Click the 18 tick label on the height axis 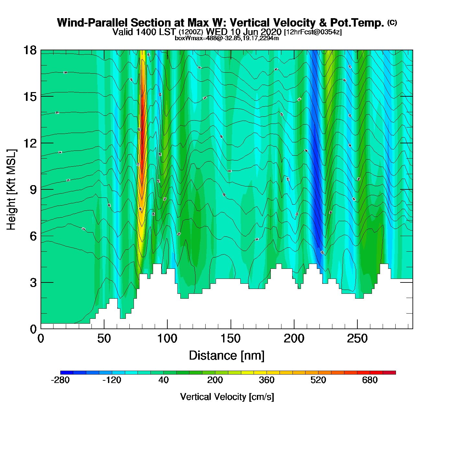[30, 50]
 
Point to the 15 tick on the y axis [30, 97]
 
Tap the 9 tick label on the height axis [33, 190]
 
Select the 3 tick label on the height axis [33, 283]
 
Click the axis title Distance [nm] [227, 356]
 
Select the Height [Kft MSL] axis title [11, 190]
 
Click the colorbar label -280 [60, 380]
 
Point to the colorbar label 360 [267, 380]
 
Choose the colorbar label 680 [370, 380]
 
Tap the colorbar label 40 [163, 380]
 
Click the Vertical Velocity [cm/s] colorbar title [227, 397]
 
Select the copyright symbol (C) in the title [392, 22]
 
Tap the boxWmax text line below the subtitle [227, 38]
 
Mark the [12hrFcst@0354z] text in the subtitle [313, 32]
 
